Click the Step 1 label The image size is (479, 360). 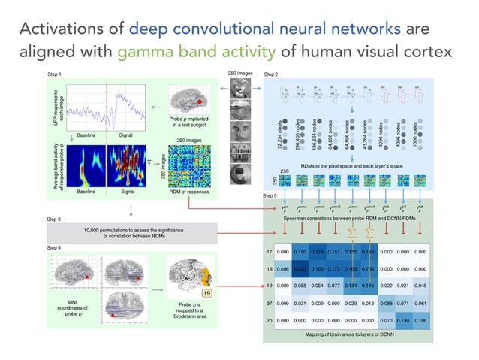54,75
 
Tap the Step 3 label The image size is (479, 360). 54,219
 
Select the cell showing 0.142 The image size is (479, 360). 368,286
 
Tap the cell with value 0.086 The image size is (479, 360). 282,268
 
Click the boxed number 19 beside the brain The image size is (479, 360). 205,293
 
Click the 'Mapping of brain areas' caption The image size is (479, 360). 349,334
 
